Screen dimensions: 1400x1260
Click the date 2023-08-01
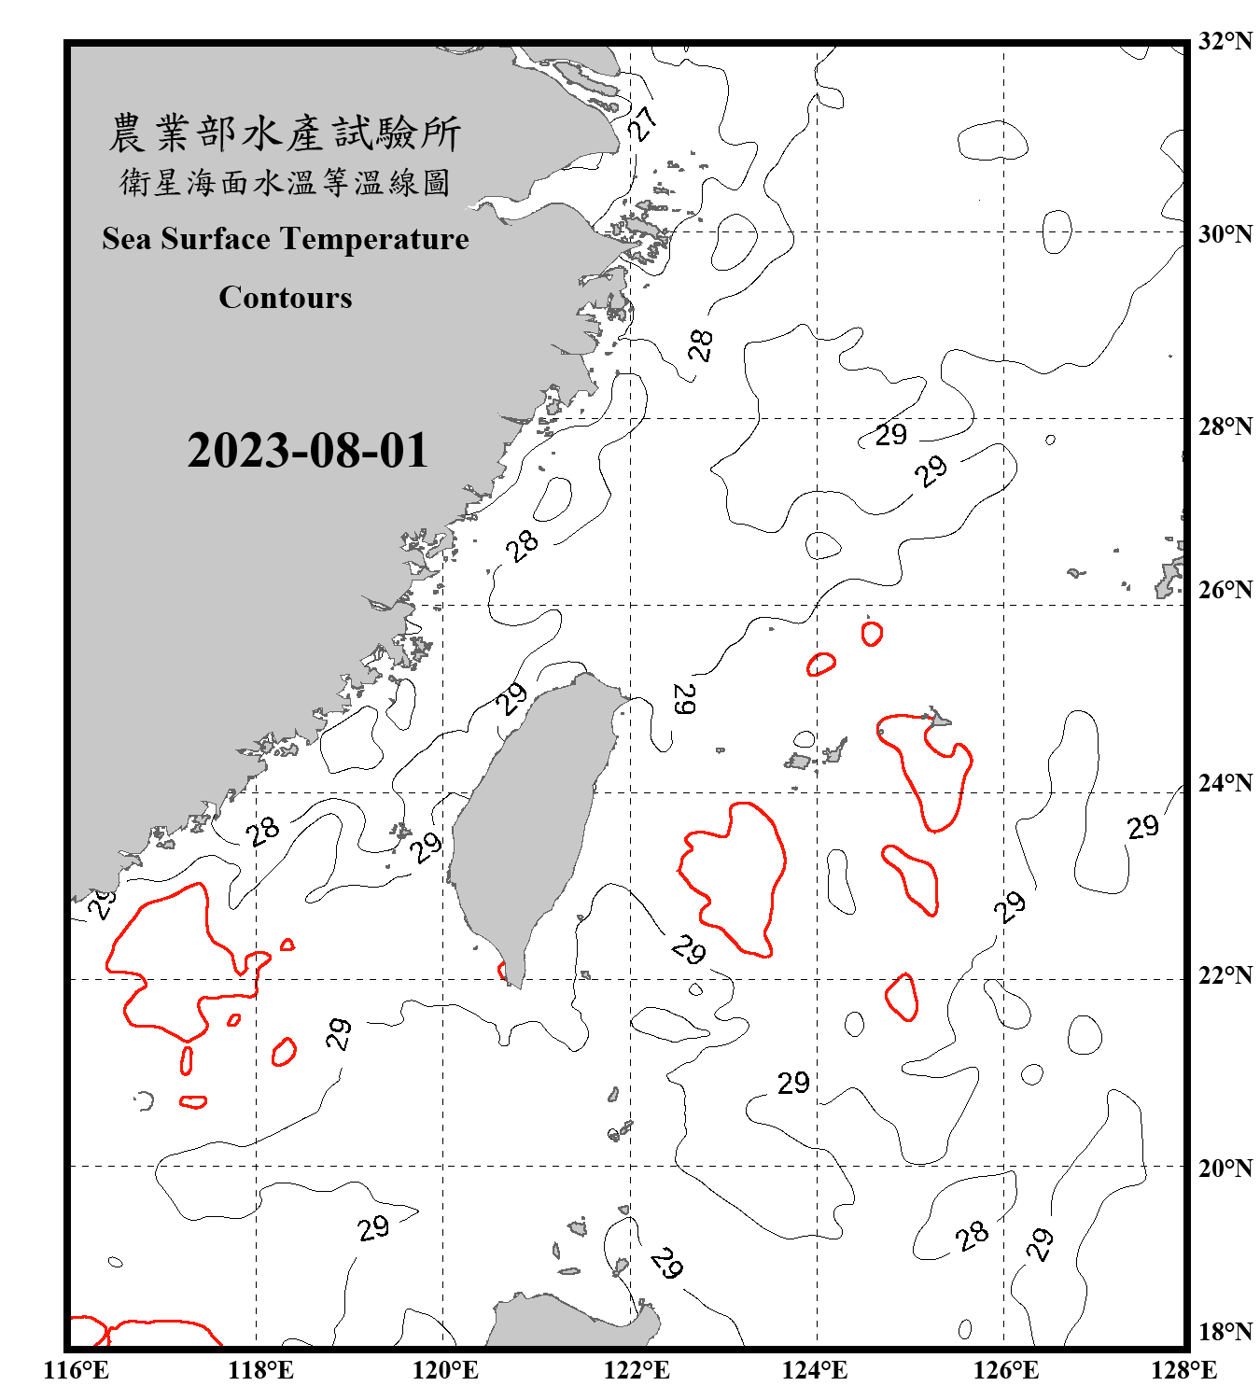(307, 451)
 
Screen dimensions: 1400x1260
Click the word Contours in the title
(286, 298)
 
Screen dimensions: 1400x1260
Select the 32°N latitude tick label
(1225, 41)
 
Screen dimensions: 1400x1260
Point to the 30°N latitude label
(1225, 233)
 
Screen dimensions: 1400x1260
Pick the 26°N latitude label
(1225, 590)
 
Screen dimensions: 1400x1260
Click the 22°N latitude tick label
(1225, 975)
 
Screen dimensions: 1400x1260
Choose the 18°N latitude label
(1225, 1332)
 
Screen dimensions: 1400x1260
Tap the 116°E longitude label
(77, 1370)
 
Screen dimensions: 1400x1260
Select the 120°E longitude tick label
(445, 1370)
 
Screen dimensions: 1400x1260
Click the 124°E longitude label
(815, 1370)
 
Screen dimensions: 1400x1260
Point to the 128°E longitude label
(1183, 1370)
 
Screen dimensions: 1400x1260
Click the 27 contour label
(642, 122)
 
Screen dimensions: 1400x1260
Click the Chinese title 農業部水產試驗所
(285, 133)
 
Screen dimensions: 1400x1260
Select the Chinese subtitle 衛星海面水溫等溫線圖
(285, 183)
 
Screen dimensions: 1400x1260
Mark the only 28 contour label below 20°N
(972, 1236)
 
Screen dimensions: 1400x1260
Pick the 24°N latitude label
(1225, 783)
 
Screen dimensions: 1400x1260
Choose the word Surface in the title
(216, 239)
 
